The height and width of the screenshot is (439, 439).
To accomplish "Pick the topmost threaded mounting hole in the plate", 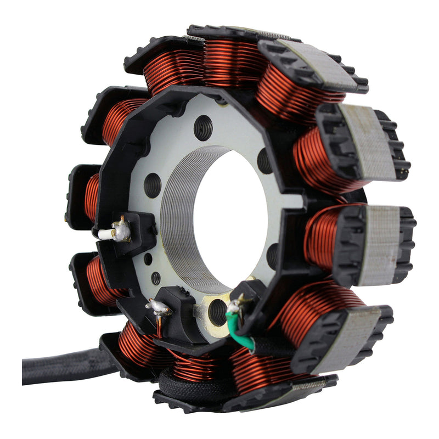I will click(x=203, y=128).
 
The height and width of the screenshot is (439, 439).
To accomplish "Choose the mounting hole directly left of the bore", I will click(x=153, y=185).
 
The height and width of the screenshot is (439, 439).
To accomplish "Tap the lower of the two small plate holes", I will click(x=156, y=278).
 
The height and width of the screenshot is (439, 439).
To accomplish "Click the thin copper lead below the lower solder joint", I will click(x=160, y=327).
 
